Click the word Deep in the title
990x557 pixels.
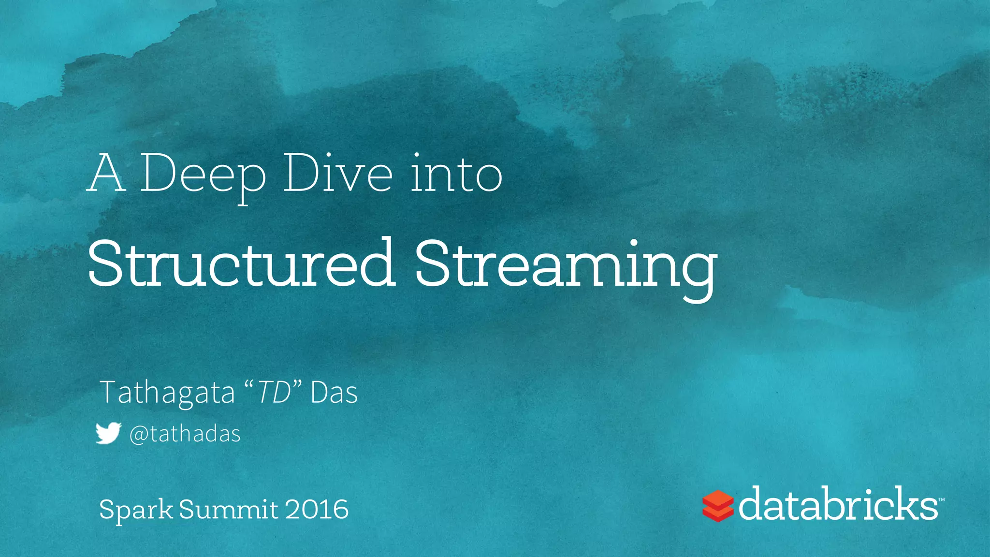[x=203, y=174]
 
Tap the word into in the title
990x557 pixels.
[x=456, y=174]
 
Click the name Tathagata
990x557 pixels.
[x=167, y=393]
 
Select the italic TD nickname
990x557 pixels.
[x=274, y=393]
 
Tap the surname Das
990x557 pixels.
[x=334, y=393]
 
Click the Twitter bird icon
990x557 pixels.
[x=108, y=433]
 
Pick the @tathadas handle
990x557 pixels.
[x=185, y=434]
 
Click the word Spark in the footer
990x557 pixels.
[x=136, y=510]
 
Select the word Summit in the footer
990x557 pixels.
[x=229, y=510]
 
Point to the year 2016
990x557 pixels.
[x=317, y=510]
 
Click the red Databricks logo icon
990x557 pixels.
[x=718, y=506]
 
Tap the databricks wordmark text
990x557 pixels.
[x=838, y=504]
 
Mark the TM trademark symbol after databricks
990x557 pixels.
[x=941, y=499]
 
